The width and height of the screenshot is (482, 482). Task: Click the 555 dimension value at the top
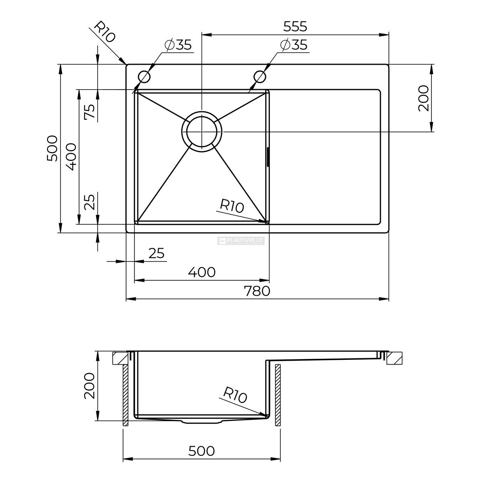pos(295,27)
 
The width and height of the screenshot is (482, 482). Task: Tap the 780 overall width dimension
pos(257,291)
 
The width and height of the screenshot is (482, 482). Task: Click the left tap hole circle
pos(144,76)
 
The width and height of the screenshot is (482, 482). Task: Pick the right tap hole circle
pos(259,76)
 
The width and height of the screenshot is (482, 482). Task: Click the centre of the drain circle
pos(202,132)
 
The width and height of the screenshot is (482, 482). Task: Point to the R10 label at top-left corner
pos(105,31)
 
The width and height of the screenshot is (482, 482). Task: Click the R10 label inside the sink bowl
pos(232,206)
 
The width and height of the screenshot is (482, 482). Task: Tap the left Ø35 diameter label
pos(178,45)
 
